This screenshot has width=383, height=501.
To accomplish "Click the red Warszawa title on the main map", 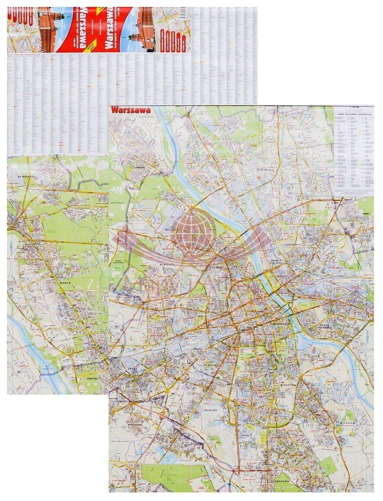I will pos(131,110).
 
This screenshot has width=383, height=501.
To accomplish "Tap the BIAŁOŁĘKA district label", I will pos(266,170).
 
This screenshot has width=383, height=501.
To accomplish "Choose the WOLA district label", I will pos(201,316).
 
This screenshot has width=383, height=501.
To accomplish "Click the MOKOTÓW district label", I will pos(288,385).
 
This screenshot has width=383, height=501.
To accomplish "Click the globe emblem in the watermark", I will pos(193,230).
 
